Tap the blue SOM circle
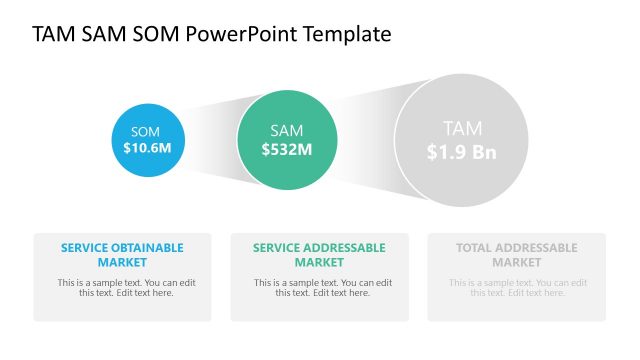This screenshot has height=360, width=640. pyautogui.click(x=147, y=139)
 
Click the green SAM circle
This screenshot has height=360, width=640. pyautogui.click(x=286, y=139)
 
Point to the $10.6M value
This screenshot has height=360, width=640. pyautogui.click(x=147, y=148)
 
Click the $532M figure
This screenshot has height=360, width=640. pyautogui.click(x=287, y=149)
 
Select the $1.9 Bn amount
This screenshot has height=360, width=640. pyautogui.click(x=461, y=152)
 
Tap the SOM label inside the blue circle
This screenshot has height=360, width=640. pyautogui.click(x=146, y=131)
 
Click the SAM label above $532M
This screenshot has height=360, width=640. pyautogui.click(x=287, y=130)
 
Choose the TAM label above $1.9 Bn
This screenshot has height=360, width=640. pyautogui.click(x=462, y=128)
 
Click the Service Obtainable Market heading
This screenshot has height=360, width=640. pyautogui.click(x=122, y=255)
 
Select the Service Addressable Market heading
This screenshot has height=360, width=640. pyautogui.click(x=319, y=255)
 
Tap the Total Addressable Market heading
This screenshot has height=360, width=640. pyautogui.click(x=516, y=255)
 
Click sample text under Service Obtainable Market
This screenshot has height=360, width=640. pyautogui.click(x=122, y=287)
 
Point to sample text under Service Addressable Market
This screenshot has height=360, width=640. pyautogui.click(x=319, y=287)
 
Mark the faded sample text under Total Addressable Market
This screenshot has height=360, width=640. pyautogui.click(x=516, y=287)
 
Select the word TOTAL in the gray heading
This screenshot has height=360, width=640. pyautogui.click(x=475, y=248)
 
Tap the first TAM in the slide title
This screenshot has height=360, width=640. pyautogui.click(x=52, y=34)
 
